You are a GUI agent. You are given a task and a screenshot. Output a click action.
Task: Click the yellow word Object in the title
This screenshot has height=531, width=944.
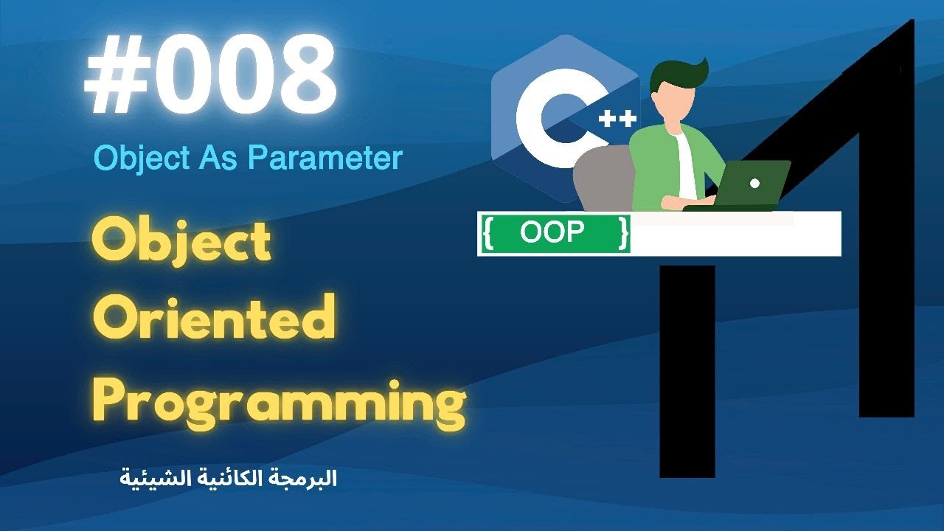[x=182, y=243]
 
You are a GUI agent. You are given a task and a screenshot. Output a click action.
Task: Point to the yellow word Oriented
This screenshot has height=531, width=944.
[x=214, y=319]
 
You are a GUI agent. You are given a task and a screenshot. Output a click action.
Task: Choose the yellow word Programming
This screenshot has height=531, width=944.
[x=280, y=402]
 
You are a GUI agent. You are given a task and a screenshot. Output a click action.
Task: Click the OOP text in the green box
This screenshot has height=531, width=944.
[x=552, y=232]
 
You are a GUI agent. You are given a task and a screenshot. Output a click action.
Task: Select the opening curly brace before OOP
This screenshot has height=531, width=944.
[x=487, y=233]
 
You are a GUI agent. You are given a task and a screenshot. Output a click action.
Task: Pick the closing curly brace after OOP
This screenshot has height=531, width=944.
[x=624, y=233]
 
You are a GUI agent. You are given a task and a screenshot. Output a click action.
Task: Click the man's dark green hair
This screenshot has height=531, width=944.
[x=678, y=74]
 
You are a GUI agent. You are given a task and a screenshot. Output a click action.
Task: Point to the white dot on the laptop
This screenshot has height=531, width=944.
[x=754, y=183]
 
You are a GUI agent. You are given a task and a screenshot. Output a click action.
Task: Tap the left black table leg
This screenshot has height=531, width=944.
[x=687, y=369]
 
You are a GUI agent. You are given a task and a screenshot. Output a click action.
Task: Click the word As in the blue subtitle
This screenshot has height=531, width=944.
[x=221, y=159]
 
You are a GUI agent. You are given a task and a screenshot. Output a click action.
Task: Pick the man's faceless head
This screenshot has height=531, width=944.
[x=667, y=100]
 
